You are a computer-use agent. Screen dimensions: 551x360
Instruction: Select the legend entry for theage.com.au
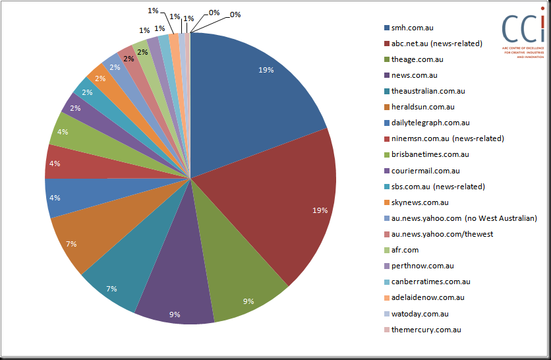414,59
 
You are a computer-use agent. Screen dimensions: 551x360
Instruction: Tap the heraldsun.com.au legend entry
419,107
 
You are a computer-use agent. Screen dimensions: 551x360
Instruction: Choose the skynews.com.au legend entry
417,202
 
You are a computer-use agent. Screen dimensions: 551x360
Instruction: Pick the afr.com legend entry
401,250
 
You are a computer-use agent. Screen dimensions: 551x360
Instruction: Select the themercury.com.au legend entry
422,330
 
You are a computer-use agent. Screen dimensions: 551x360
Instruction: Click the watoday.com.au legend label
420,314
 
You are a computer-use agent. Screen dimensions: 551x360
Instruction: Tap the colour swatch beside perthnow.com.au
387,266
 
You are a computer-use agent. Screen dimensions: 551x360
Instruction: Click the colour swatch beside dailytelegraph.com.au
387,123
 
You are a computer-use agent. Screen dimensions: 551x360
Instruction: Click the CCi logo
523,32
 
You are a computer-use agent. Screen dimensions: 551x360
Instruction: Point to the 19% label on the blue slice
266,70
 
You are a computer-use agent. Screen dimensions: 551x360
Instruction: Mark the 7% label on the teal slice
111,289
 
